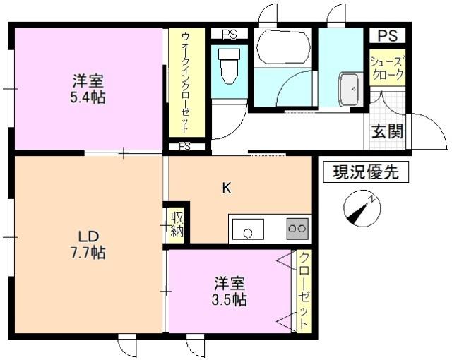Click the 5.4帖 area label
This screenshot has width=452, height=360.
(x=88, y=98)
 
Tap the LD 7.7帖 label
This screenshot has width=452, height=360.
(x=88, y=244)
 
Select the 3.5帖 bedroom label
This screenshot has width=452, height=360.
(x=230, y=299)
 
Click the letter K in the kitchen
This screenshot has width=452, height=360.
(x=227, y=188)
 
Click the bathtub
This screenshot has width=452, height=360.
(x=282, y=48)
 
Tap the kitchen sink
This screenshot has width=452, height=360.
(x=247, y=231)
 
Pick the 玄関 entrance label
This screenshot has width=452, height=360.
(x=388, y=131)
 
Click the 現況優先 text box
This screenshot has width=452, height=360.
(x=365, y=172)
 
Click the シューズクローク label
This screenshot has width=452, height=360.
(x=387, y=67)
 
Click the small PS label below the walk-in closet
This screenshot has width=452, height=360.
(x=185, y=148)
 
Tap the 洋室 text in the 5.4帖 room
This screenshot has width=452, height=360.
(x=88, y=79)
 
